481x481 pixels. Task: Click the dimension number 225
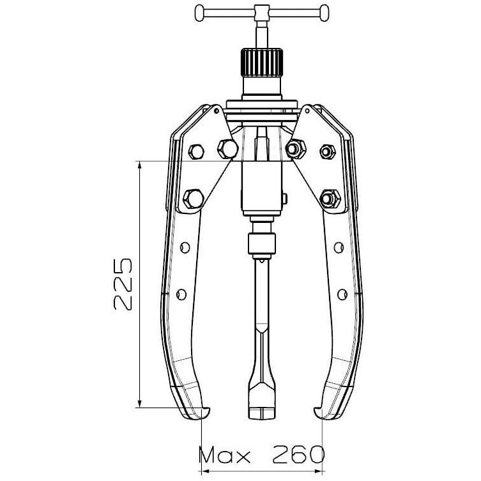(123, 284)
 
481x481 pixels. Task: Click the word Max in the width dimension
(225, 455)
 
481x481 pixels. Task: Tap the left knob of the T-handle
(199, 13)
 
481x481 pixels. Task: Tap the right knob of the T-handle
(324, 13)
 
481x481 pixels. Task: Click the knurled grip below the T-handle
(261, 63)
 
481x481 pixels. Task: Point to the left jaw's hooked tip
(205, 411)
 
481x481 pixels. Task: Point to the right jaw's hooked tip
(318, 411)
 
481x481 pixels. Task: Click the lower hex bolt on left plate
(194, 199)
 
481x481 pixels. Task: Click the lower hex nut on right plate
(330, 199)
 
